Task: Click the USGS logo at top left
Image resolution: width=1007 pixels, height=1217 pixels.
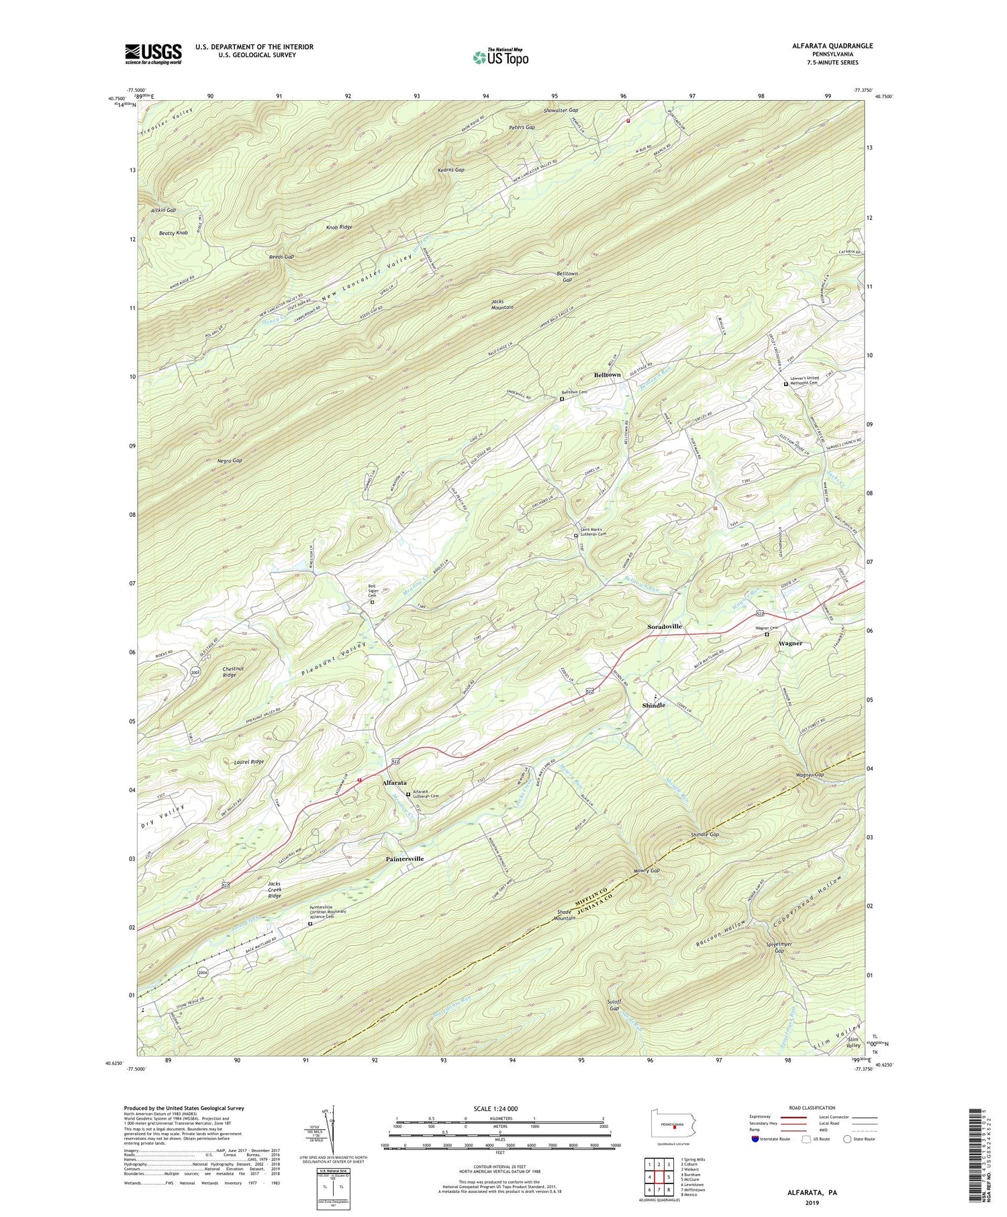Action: (x=153, y=54)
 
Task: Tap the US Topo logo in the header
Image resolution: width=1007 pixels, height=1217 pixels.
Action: (x=500, y=58)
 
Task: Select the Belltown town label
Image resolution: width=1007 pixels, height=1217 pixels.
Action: (x=607, y=375)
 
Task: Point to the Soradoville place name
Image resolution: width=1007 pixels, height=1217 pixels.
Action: (x=664, y=626)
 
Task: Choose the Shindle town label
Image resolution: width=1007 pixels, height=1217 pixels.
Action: (x=653, y=705)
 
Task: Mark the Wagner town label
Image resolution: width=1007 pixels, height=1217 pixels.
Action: (x=790, y=643)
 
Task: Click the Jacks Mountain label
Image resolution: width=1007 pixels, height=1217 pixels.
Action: (x=502, y=304)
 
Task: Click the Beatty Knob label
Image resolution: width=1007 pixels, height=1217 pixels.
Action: (x=173, y=233)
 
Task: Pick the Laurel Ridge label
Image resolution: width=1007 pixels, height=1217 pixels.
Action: (x=249, y=762)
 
